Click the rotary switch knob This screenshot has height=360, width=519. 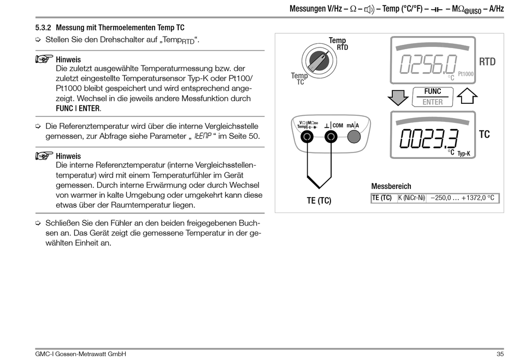pyautogui.click(x=317, y=62)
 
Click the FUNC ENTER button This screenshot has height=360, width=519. pyautogui.click(x=432, y=97)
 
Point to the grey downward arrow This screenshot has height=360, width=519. pyautogui.click(x=398, y=97)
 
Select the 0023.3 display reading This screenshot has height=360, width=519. pyautogui.click(x=429, y=140)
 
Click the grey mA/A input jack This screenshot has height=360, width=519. pyautogui.click(x=354, y=137)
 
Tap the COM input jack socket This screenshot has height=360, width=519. pyautogui.click(x=331, y=137)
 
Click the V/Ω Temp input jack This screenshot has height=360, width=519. pyautogui.click(x=307, y=137)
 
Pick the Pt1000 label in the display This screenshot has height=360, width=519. pyautogui.click(x=465, y=74)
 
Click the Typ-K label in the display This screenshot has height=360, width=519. pyautogui.click(x=464, y=154)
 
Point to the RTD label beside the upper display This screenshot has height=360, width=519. pyautogui.click(x=487, y=61)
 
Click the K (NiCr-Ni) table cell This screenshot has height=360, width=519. pyautogui.click(x=411, y=198)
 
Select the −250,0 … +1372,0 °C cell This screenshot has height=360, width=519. pyautogui.click(x=463, y=198)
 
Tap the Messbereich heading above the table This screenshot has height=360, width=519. pyautogui.click(x=391, y=186)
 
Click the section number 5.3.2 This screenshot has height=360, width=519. pyautogui.click(x=43, y=27)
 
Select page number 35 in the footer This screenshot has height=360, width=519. pyautogui.click(x=499, y=354)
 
